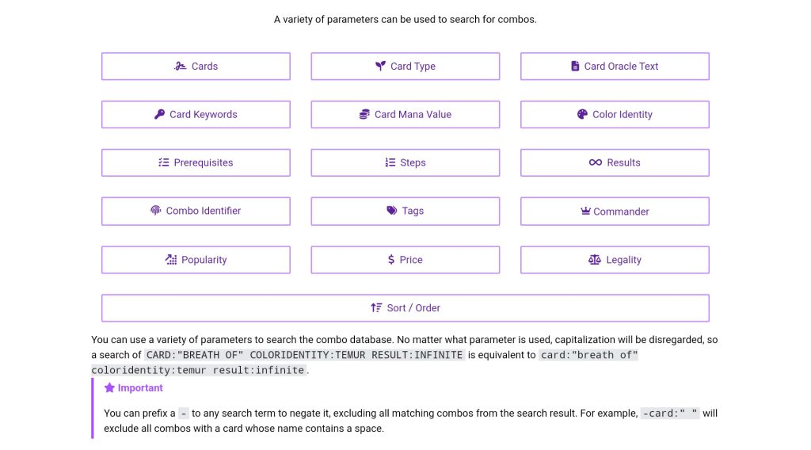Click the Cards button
click(196, 67)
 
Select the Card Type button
click(405, 67)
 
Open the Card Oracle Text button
click(615, 67)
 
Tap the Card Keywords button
click(196, 115)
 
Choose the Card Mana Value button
click(405, 115)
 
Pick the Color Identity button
click(615, 115)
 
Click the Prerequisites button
click(196, 163)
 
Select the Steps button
click(405, 163)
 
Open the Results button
click(615, 163)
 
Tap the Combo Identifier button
click(196, 212)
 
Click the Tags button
click(405, 212)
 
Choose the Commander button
click(615, 212)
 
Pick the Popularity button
click(196, 260)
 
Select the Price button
click(405, 260)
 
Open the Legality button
click(615, 260)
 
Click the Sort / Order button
click(405, 308)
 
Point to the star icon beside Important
click(109, 388)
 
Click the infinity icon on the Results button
click(596, 163)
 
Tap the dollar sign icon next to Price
click(391, 260)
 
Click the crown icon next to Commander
click(586, 212)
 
